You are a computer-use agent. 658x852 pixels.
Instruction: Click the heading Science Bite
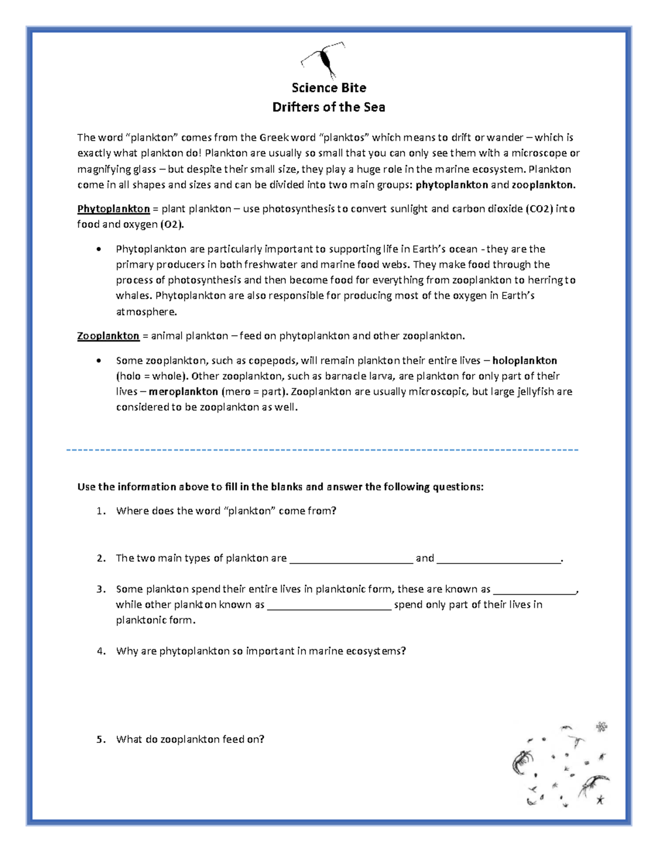coord(328,88)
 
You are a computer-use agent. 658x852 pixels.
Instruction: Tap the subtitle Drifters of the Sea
coord(328,107)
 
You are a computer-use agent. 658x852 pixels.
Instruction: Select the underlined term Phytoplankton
coord(114,209)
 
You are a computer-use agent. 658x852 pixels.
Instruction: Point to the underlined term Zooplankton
coord(108,336)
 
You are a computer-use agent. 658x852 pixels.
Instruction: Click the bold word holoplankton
coord(525,361)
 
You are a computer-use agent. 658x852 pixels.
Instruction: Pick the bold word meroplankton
coord(184,392)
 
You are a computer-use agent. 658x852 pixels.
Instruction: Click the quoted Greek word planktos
coord(344,138)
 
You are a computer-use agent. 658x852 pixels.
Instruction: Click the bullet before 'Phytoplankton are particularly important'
coord(99,250)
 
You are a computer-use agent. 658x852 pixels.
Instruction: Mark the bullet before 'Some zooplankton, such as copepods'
coord(99,361)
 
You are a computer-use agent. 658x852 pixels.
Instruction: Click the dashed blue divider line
coord(322,450)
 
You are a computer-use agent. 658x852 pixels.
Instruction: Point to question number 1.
coord(100,511)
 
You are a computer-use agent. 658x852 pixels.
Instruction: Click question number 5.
coord(100,740)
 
